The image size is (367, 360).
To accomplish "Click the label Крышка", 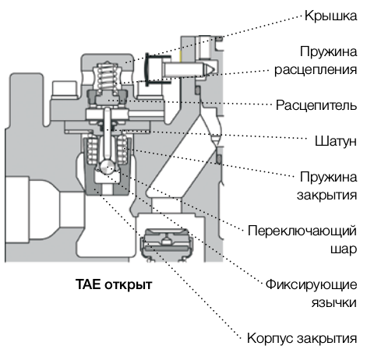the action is coord(330,16).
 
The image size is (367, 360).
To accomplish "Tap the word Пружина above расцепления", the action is coord(328,51).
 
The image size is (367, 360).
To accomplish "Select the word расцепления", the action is coord(316,69).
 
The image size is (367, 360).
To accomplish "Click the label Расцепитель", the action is coord(316,105).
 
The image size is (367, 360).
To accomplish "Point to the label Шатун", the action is coord(336,141).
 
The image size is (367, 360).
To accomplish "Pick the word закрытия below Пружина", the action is coord(327,196).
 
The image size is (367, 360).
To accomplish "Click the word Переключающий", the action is coord(302,231).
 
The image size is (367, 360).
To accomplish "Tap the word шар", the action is coord(344,249).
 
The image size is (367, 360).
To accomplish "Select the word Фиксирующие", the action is coord(311,284).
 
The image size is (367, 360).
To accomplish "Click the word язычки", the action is coord(334,303).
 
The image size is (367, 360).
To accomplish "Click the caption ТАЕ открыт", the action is coord(114,284).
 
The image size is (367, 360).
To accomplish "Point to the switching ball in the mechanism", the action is coord(107,167).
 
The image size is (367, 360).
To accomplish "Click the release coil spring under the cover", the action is coord(107,76).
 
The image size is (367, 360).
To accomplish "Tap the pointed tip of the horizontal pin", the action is coord(214,69).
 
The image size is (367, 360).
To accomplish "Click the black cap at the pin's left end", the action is coord(147,69).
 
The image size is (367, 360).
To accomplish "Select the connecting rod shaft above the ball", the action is coord(107,135).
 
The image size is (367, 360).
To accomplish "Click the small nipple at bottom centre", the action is coord(165,241).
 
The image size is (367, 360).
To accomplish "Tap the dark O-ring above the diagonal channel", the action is coord(198,90).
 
